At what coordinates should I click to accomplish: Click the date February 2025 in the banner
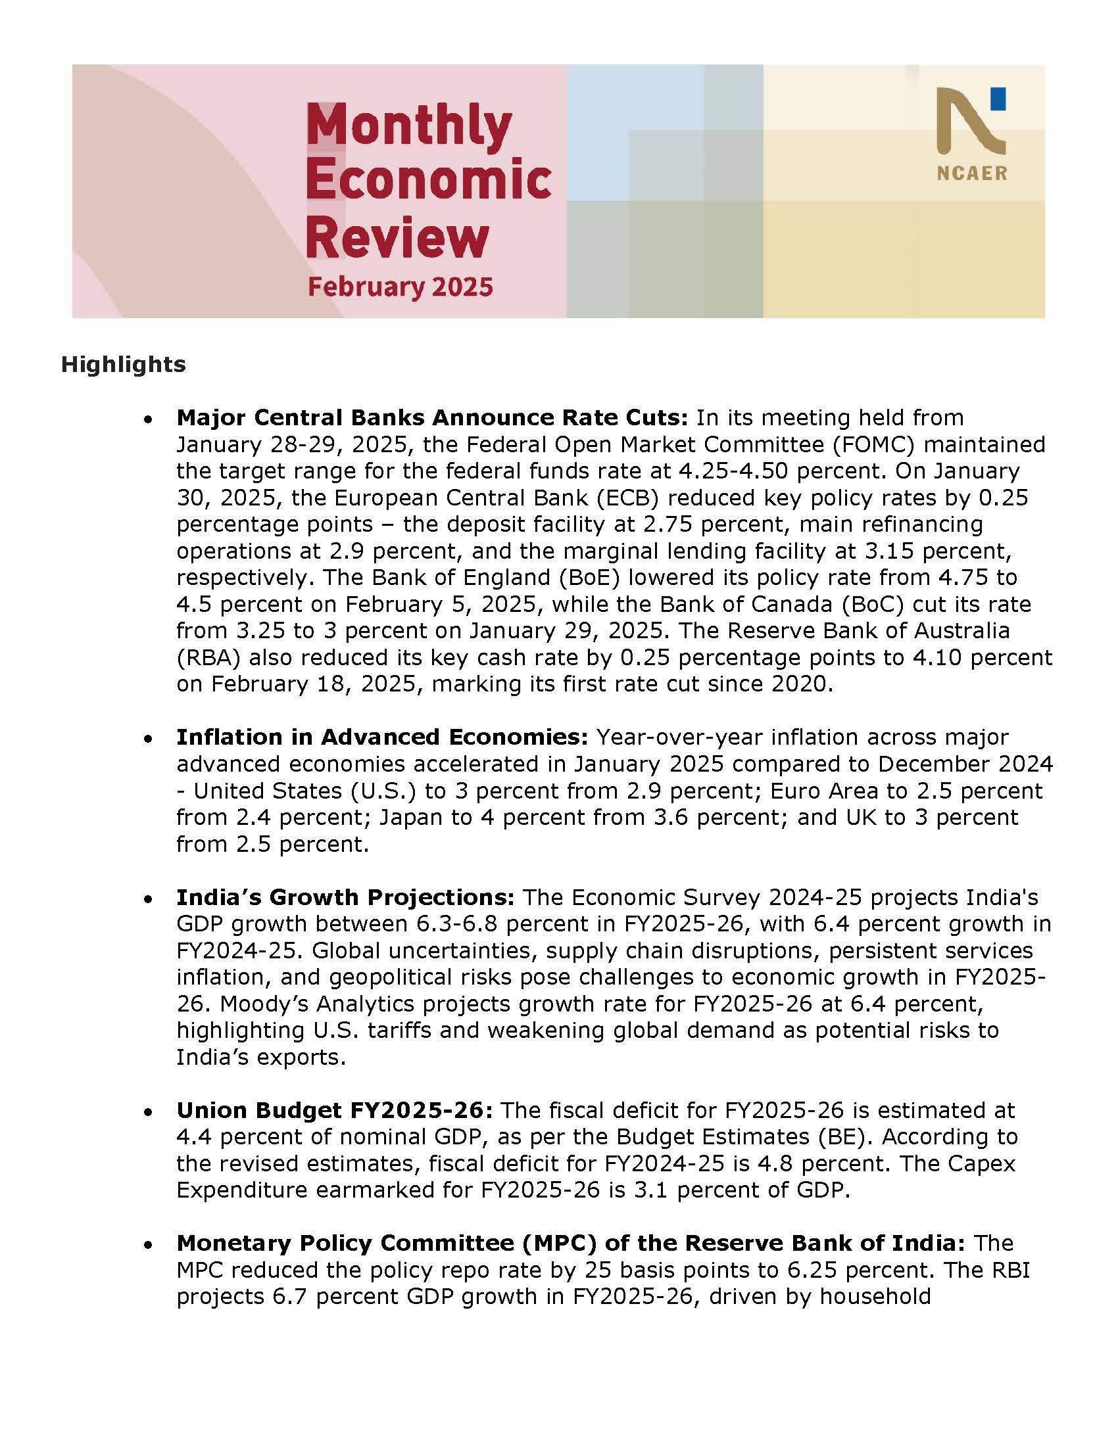click(401, 287)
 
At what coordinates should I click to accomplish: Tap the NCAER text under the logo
click(971, 174)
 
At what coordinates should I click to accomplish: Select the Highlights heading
click(123, 364)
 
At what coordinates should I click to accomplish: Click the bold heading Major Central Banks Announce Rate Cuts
click(432, 418)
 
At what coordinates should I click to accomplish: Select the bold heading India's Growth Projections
click(345, 897)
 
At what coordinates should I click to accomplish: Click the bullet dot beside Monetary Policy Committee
click(151, 1246)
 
